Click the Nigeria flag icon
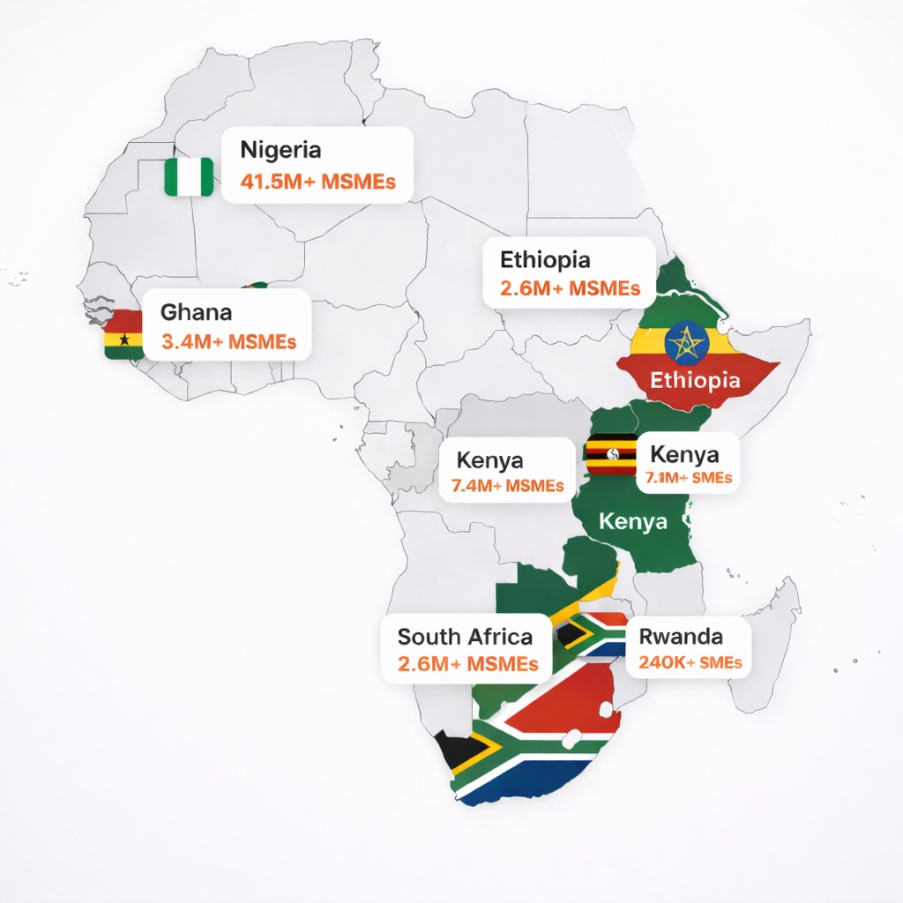(189, 176)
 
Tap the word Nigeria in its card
(280, 149)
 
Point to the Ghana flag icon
(123, 334)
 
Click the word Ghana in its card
(197, 312)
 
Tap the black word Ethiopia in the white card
(545, 260)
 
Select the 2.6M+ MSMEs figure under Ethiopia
(570, 288)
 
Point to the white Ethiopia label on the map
(695, 381)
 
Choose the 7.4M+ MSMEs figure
(507, 485)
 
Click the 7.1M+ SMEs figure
(689, 479)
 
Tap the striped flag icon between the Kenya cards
(611, 455)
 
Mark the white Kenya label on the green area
(633, 521)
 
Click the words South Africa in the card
(465, 636)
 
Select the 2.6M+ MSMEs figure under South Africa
(467, 664)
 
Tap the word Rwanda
(681, 636)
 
